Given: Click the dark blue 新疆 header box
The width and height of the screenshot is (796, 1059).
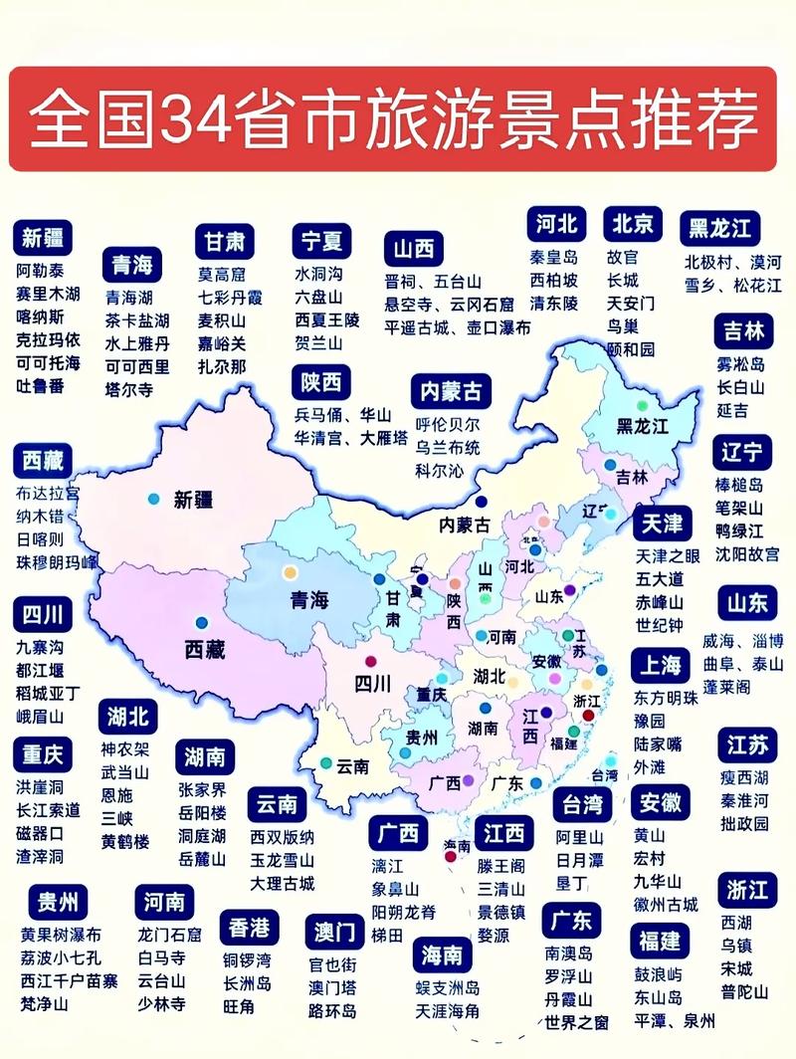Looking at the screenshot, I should coord(43,239).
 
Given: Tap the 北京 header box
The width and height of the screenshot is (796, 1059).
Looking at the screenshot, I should coord(632,224).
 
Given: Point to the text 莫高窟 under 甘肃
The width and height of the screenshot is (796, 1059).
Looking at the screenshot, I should coord(221,274).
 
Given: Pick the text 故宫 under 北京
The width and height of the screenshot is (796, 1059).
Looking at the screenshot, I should coord(622,257).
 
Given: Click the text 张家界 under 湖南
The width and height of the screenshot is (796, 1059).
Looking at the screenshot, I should coord(202,789).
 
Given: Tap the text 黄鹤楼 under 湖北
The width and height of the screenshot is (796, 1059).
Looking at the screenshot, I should coord(124,842).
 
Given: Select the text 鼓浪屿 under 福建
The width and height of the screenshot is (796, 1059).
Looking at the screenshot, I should coord(658,973).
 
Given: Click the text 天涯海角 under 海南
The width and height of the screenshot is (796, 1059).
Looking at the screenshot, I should coord(447,1011).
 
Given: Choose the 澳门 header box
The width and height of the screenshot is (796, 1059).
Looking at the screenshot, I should coord(334,933).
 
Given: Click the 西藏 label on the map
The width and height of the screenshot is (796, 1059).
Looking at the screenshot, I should coord(204,650).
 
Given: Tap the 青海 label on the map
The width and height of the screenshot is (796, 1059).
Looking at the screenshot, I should coord(308,600).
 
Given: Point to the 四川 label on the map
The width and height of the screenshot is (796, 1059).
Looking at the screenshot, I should coord(373,683).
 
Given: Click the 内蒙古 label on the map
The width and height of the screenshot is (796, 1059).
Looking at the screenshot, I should coord(466,525).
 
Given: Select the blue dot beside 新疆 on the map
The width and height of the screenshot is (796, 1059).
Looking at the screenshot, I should coord(152,498).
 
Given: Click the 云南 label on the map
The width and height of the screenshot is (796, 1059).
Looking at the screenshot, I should coord(352,766).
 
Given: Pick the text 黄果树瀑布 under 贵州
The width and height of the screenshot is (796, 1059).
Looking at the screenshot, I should coord(61,936).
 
